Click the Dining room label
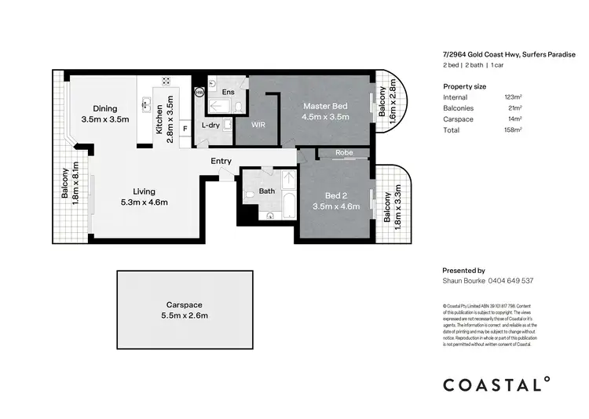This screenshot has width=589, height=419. [104, 108]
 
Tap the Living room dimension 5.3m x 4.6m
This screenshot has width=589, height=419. [139, 202]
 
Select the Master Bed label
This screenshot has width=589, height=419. [326, 106]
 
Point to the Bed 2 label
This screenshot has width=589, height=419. [342, 195]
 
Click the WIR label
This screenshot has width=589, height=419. [258, 125]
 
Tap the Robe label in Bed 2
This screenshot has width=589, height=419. [343, 153]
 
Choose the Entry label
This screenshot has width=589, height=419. [221, 162]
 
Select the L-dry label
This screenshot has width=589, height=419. [210, 125]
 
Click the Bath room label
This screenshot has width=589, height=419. [267, 191]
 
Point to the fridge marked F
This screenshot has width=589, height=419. [185, 127]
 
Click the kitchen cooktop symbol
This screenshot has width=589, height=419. [166, 81]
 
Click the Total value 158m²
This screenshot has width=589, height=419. [514, 129]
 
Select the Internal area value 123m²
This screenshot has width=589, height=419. [514, 97]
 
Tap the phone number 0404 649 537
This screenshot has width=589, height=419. [510, 280]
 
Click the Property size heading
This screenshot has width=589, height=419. [465, 86]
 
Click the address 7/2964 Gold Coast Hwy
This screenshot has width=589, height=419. [481, 54]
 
